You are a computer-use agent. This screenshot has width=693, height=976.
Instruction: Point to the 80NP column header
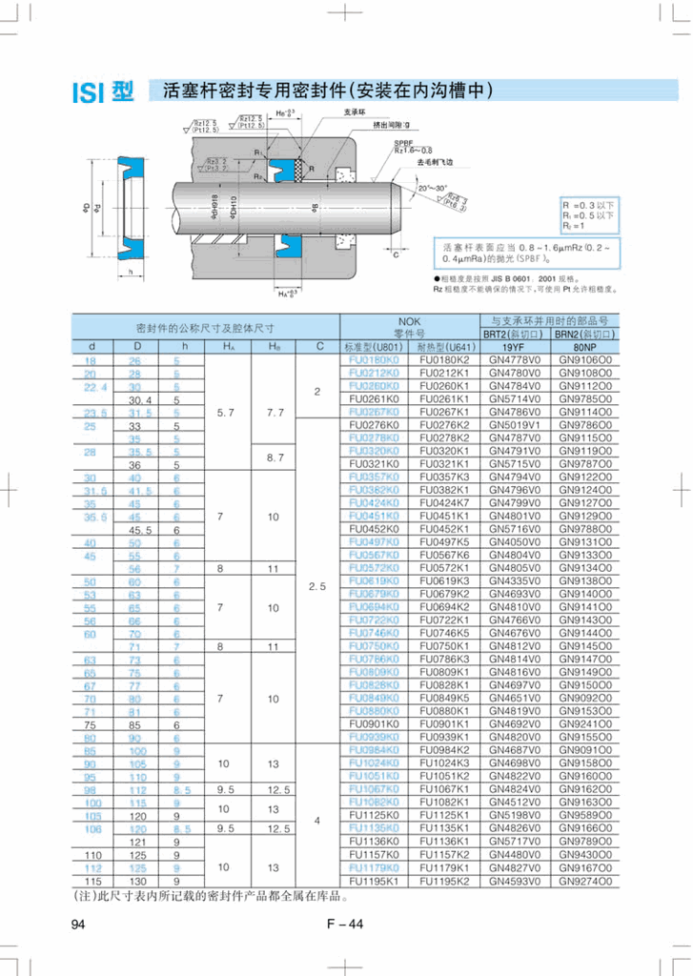[x=585, y=348]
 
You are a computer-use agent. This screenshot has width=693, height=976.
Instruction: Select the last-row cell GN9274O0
[x=585, y=881]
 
